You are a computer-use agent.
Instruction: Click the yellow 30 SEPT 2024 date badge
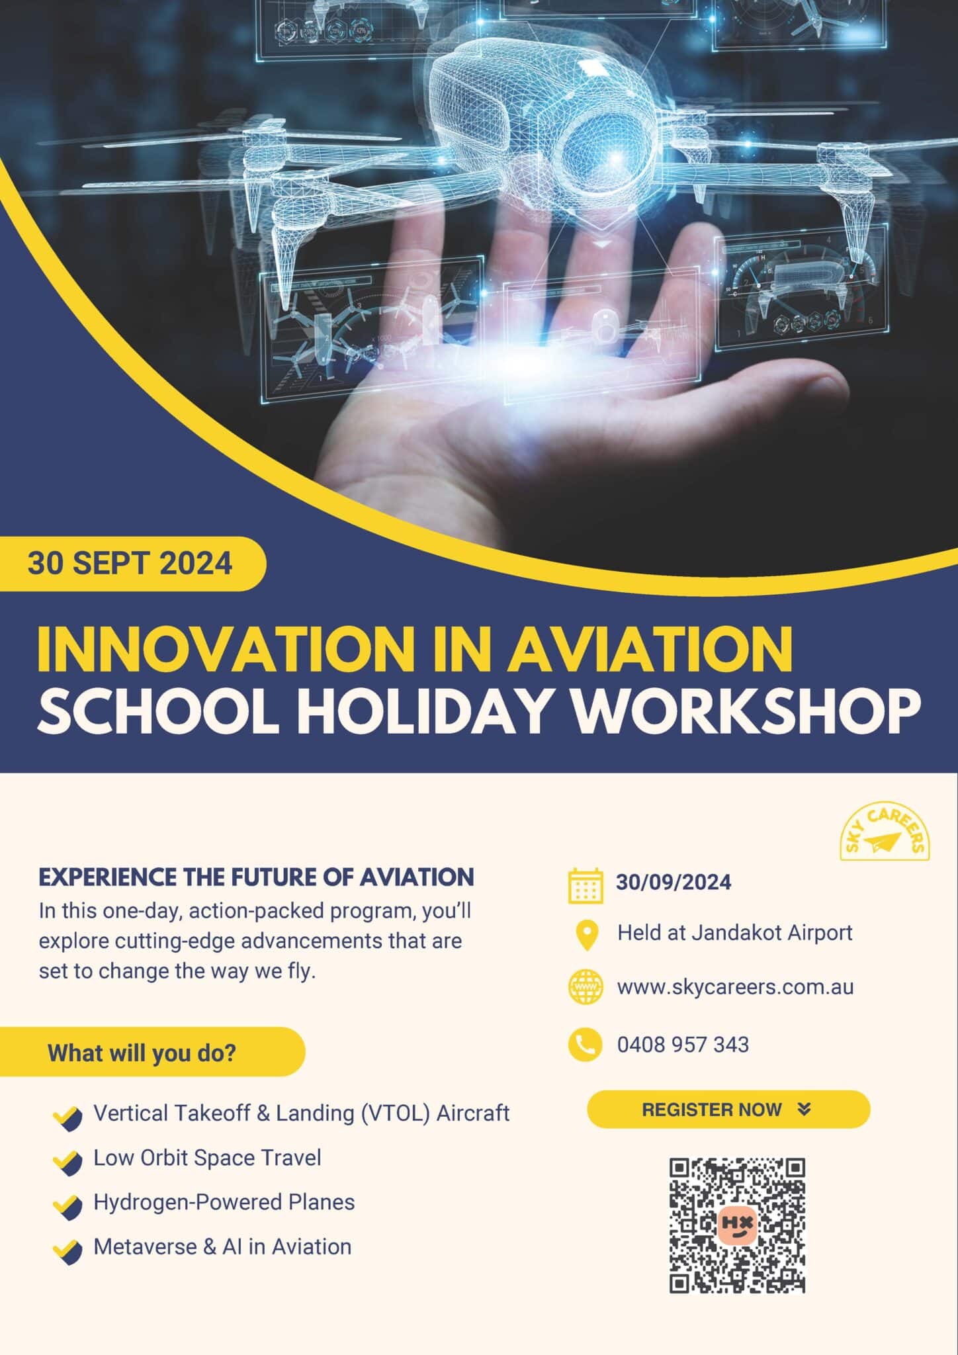pos(132,564)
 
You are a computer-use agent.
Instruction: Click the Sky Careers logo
pos(885,833)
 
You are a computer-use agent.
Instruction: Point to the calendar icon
pos(586,885)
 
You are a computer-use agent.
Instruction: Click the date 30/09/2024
pos(674,883)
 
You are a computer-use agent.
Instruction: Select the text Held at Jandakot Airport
pos(735,933)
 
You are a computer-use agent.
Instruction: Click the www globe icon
pos(586,987)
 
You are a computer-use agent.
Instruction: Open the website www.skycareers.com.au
pos(736,987)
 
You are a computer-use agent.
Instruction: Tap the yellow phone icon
pos(586,1045)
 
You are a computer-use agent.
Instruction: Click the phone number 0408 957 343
pos(683,1045)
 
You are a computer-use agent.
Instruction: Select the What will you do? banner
pos(152,1052)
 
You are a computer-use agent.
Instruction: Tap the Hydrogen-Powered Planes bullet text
pos(224,1202)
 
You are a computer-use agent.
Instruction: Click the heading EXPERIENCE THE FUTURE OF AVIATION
pos(257,877)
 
